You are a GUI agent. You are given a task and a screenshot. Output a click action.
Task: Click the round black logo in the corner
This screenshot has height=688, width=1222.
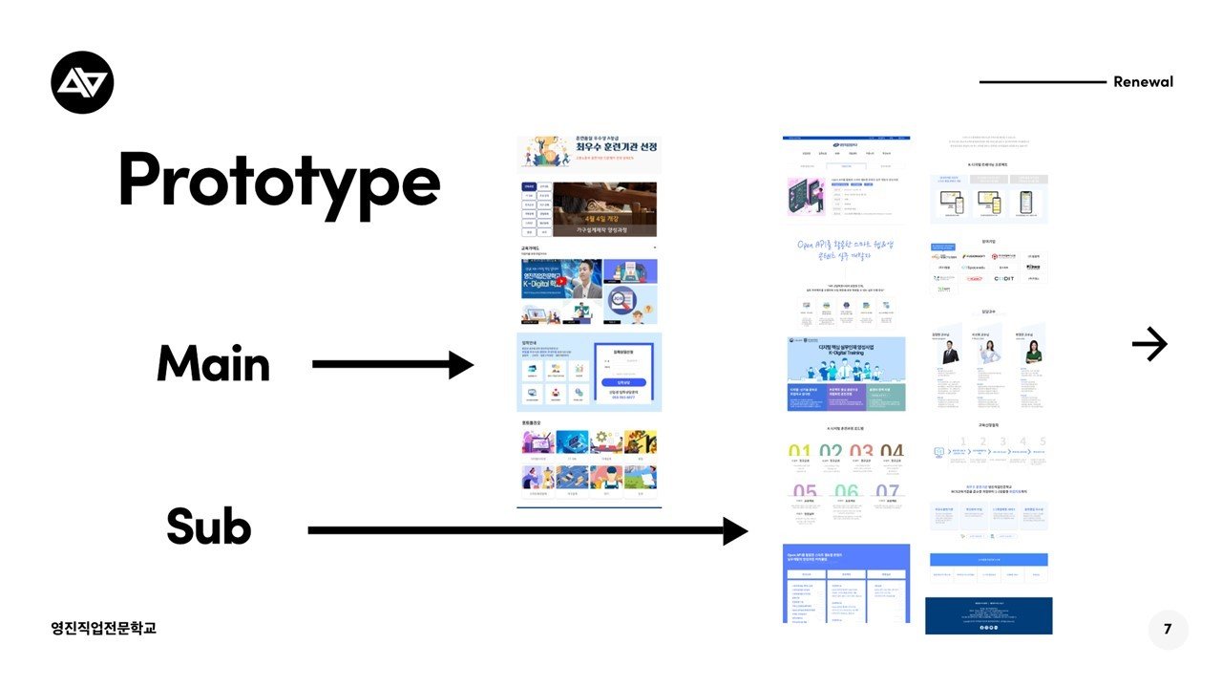coord(82,82)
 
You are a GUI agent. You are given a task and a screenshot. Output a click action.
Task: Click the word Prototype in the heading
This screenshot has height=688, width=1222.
coord(279,180)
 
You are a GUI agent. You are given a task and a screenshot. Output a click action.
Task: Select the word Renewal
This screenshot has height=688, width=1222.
coord(1143,81)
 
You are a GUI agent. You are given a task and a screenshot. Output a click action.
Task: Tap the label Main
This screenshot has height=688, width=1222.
coord(213,364)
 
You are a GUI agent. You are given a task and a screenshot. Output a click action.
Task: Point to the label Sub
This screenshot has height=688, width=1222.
coord(208,527)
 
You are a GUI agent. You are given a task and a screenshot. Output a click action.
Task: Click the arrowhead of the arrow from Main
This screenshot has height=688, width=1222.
coord(461,364)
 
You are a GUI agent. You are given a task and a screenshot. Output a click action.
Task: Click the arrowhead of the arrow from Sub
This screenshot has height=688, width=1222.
coord(734,531)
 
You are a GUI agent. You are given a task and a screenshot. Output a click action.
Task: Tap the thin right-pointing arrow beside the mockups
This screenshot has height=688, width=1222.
coord(1149,344)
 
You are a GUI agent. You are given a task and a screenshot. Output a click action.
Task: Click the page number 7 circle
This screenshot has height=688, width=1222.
coord(1168,630)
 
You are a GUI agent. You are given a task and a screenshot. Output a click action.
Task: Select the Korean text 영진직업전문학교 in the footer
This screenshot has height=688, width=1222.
coord(104,628)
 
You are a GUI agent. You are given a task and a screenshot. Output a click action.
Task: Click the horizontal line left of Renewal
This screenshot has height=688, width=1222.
coord(1042,82)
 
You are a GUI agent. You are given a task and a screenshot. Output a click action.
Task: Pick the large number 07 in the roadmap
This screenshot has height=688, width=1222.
coord(887,492)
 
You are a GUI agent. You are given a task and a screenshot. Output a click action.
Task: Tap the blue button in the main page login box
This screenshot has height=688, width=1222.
coord(622,382)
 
